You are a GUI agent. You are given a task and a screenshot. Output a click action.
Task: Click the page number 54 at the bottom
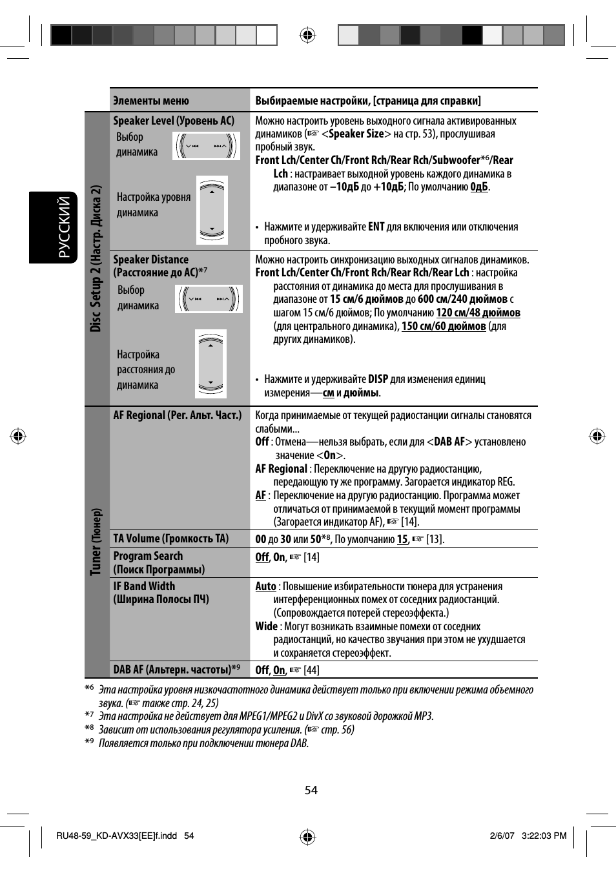tap(311, 790)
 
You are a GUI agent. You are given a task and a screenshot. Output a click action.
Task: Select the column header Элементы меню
tap(151, 101)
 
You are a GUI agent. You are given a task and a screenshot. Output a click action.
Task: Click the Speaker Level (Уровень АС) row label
tap(174, 121)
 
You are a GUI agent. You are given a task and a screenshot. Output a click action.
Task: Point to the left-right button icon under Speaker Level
tap(206, 146)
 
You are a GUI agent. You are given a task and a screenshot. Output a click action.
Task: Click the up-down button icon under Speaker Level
tap(212, 210)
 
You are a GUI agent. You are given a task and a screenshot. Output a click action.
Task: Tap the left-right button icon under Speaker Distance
tap(209, 299)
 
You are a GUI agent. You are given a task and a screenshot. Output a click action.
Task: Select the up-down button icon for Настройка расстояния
tap(210, 364)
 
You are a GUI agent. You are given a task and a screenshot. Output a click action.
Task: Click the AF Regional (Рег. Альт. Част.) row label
tap(178, 415)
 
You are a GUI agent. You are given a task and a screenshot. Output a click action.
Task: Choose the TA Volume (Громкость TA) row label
tap(171, 539)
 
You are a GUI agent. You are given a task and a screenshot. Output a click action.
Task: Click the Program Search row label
tap(148, 556)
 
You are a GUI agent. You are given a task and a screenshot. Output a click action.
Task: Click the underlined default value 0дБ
tap(478, 187)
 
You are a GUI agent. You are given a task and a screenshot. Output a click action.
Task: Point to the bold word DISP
tap(378, 379)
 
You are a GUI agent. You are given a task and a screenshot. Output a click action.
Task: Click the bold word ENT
tap(376, 227)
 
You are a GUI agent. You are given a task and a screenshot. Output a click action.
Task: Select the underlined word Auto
tap(265, 586)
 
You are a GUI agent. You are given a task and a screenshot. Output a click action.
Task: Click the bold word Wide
tap(266, 626)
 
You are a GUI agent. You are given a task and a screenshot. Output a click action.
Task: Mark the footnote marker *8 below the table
tap(89, 728)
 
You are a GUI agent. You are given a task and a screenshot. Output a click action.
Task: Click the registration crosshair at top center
tap(308, 35)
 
